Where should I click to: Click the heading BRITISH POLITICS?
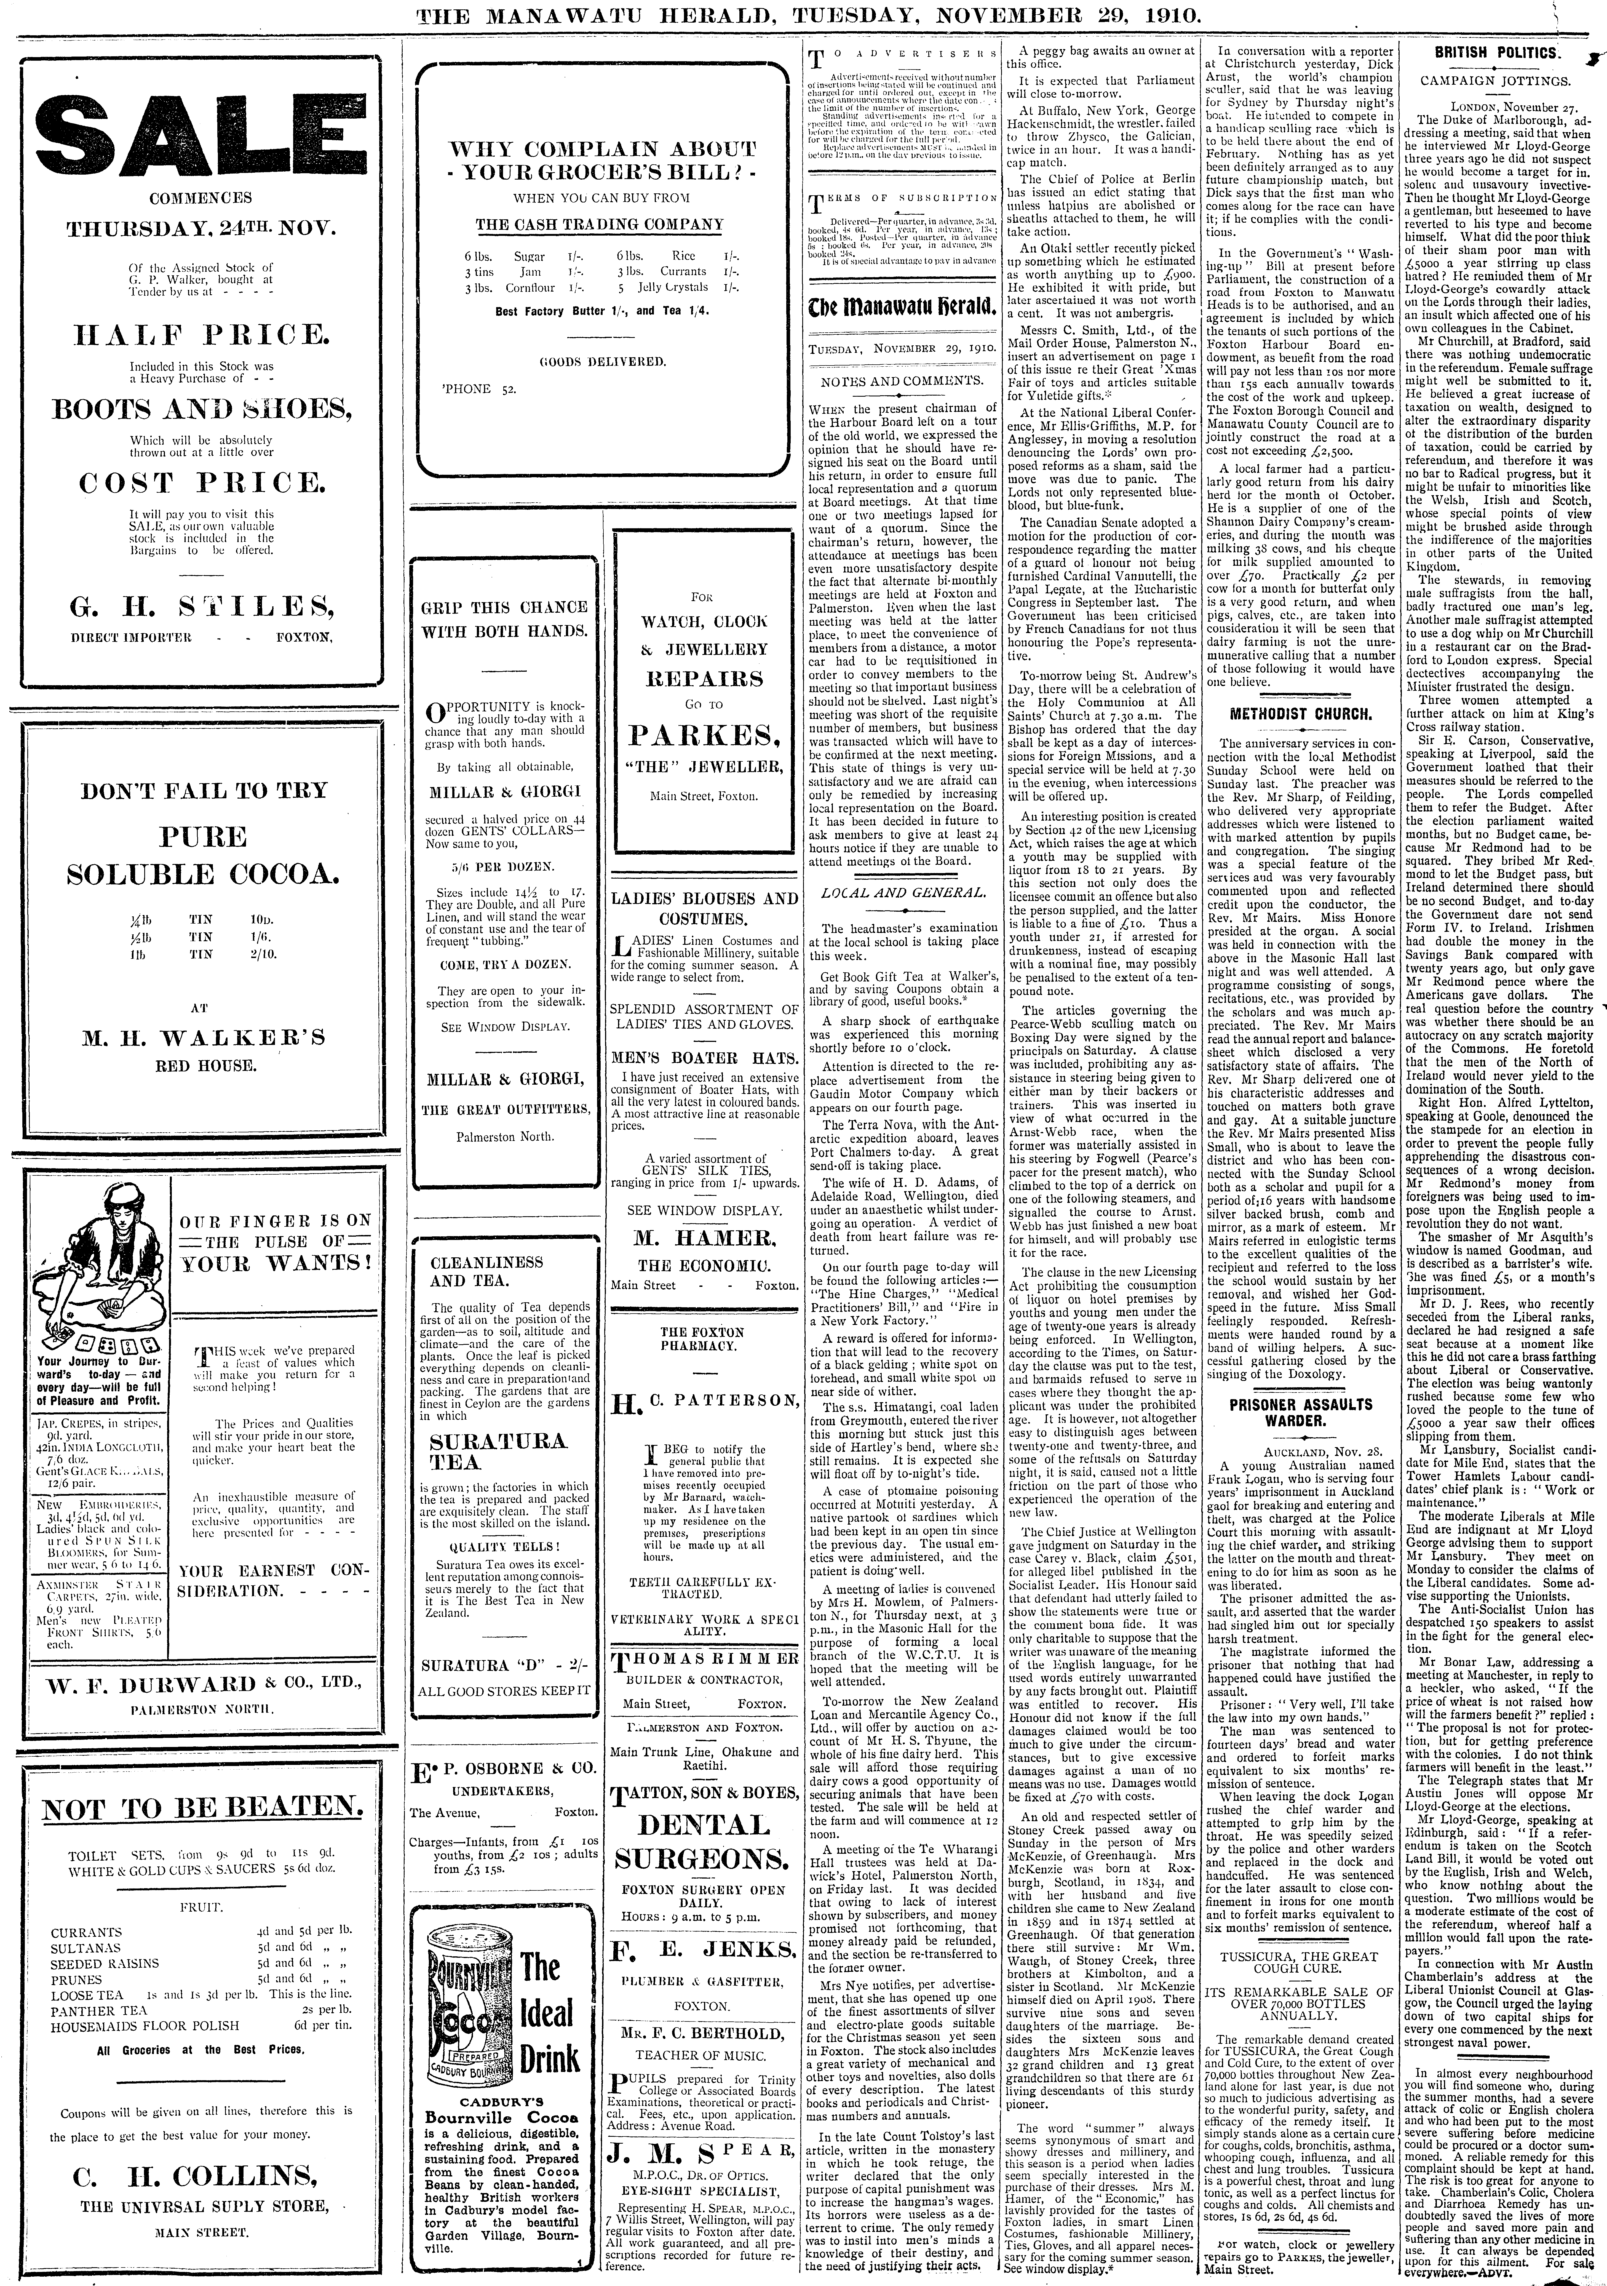[1496, 52]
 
